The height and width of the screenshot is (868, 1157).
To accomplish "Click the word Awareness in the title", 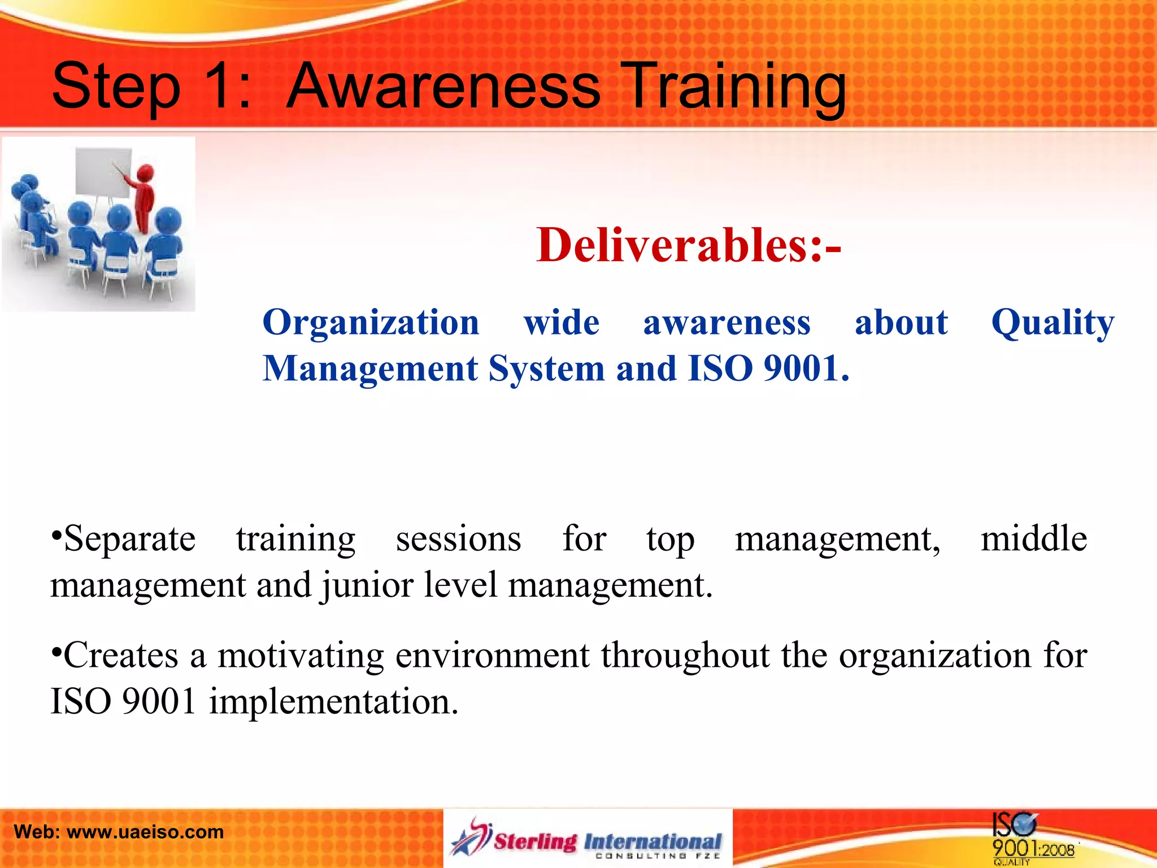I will click(443, 86).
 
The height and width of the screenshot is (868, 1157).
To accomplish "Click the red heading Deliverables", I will click(688, 245).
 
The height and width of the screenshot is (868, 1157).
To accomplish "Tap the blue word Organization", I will click(371, 323).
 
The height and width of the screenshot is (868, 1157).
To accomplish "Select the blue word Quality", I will click(1052, 323).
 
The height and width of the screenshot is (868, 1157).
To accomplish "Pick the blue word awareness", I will click(727, 323).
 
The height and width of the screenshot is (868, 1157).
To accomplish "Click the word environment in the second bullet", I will click(492, 656).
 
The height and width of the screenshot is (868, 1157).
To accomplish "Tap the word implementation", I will click(333, 702).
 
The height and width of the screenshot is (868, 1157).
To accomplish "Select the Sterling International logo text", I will click(608, 841).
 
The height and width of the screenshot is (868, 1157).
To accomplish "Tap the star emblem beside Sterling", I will click(471, 837).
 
